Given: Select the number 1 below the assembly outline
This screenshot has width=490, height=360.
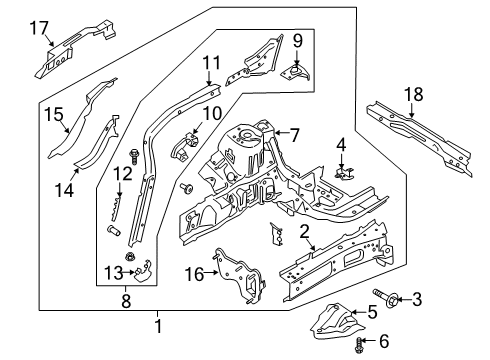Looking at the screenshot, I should [x=157, y=326].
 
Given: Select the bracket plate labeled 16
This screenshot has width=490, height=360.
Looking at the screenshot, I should [x=233, y=277].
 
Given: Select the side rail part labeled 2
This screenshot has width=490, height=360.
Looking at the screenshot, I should [x=330, y=262].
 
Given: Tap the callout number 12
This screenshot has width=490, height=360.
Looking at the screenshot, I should [x=122, y=175].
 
